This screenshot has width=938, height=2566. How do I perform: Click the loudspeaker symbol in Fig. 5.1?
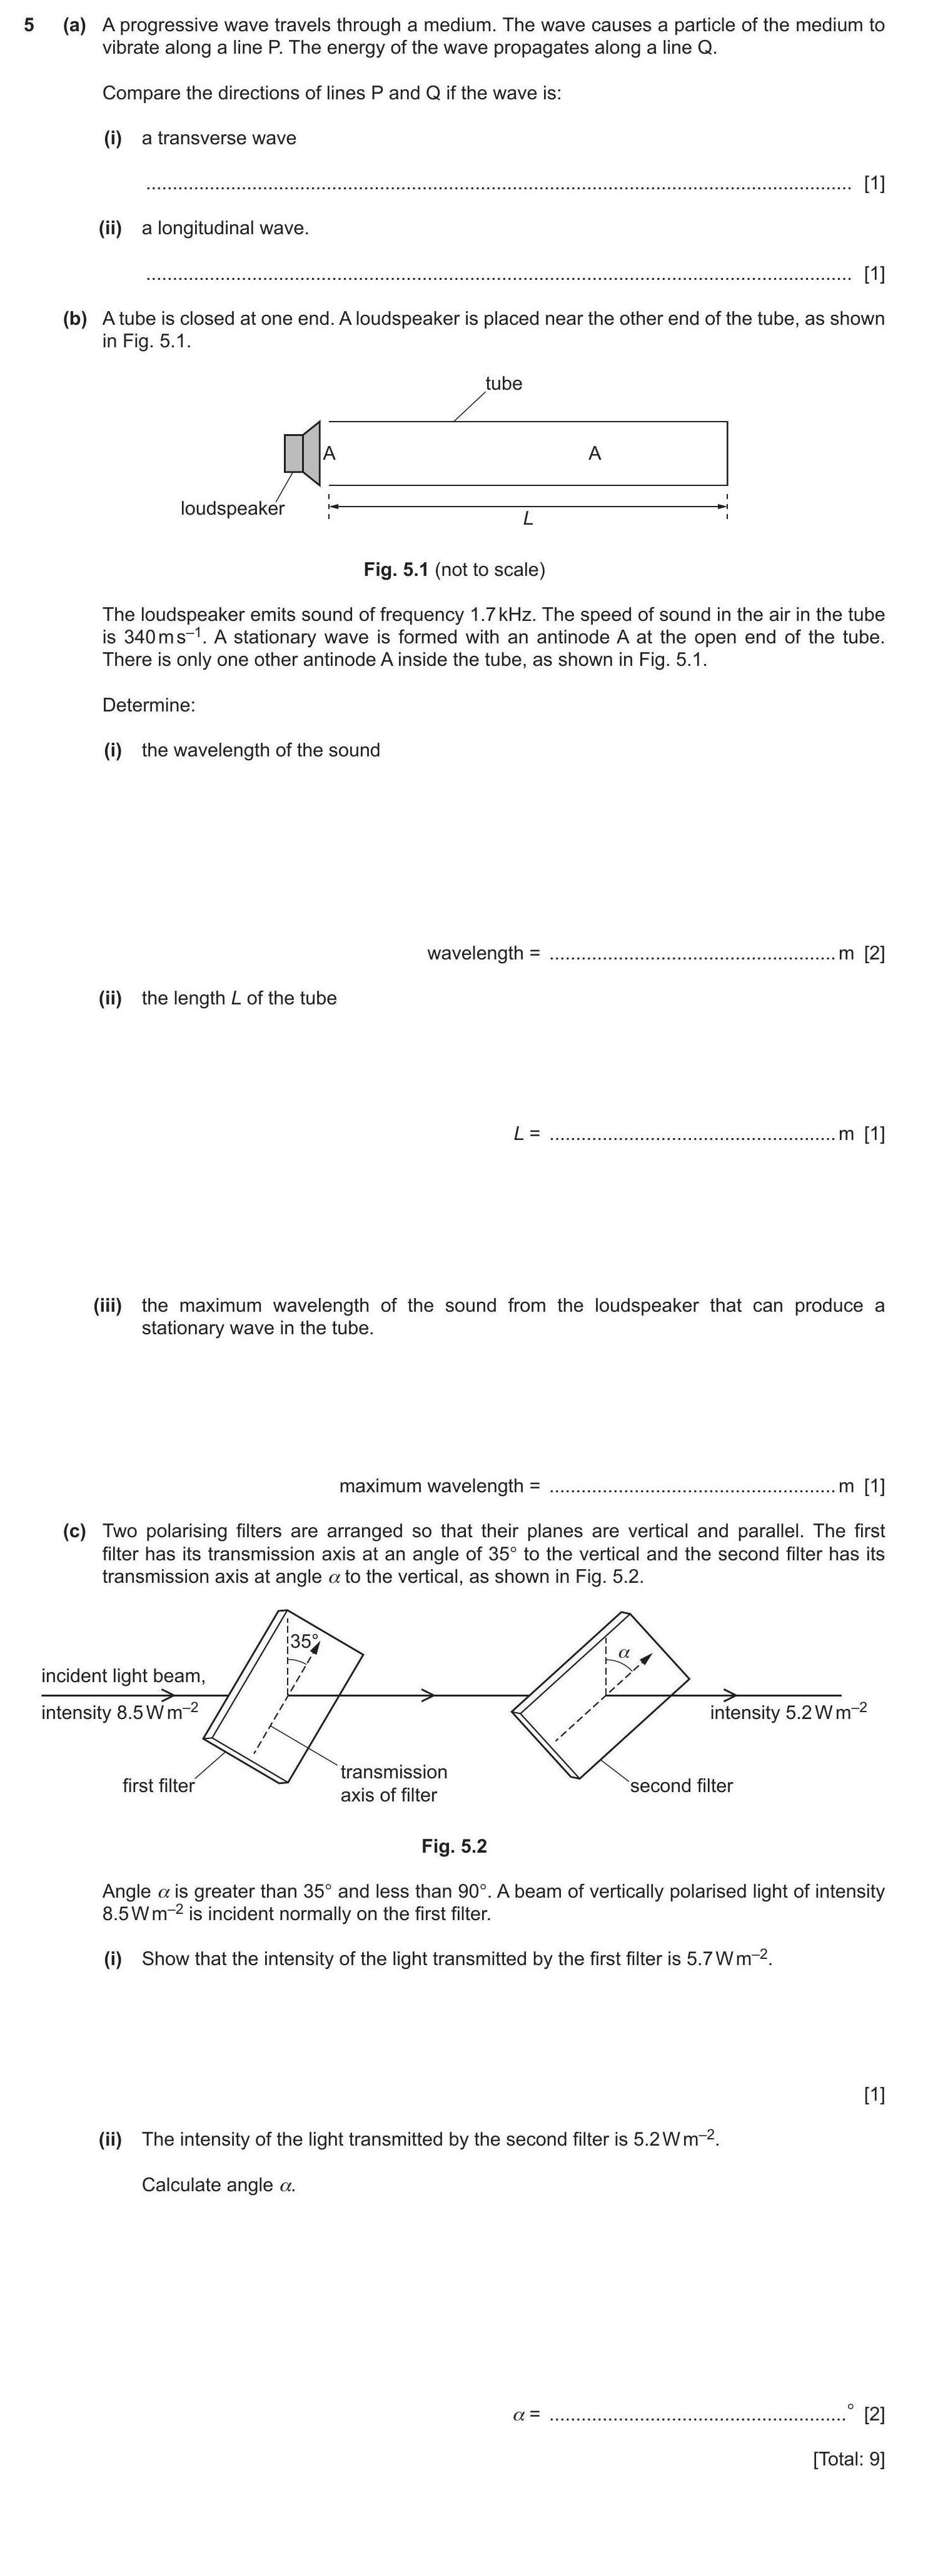(302, 453)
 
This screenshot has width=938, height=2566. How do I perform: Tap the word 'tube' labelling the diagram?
(503, 384)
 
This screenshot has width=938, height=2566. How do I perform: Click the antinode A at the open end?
(330, 453)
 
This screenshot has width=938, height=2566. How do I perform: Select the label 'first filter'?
(158, 1785)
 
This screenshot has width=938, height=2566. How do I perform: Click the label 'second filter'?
(681, 1785)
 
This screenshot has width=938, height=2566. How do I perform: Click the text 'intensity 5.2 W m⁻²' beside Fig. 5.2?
(787, 1712)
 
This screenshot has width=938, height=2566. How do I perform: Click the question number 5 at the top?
(29, 25)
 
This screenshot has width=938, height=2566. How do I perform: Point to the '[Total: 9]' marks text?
(849, 2459)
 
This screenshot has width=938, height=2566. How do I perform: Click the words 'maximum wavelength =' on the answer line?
(438, 1485)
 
